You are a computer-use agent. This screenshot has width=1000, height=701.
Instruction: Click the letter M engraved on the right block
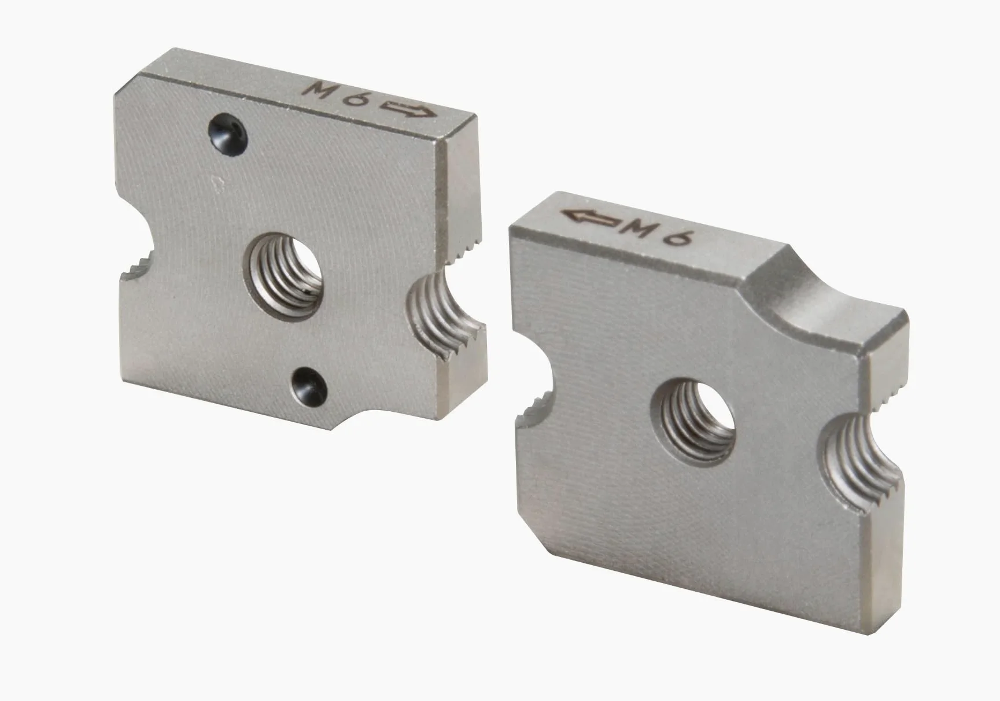pos(643,229)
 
